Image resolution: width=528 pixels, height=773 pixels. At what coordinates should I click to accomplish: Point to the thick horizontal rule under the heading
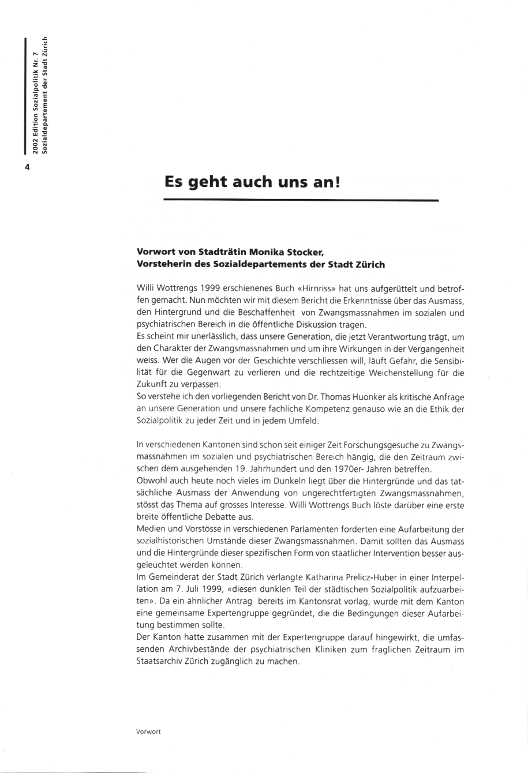click(301, 200)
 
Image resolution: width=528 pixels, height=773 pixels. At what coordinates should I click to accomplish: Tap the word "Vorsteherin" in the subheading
click(163, 264)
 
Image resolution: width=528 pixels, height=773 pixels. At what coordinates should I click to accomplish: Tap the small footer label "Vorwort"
click(148, 732)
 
